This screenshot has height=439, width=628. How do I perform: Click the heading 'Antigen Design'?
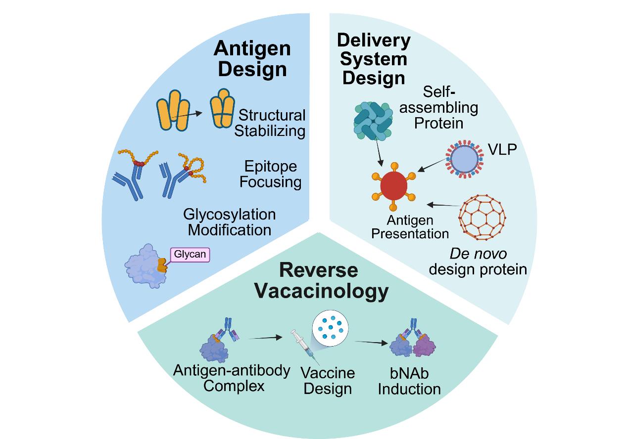pos(252,58)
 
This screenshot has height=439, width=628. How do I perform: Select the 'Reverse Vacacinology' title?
pos(321,280)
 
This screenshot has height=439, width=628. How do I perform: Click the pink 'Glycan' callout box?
pos(190,254)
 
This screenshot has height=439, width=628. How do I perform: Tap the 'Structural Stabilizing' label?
pos(270,123)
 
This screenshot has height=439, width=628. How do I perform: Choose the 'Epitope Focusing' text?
pos(271,174)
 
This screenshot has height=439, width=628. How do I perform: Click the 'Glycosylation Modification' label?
pos(229,222)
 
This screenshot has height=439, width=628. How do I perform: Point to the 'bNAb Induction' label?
pos(409,381)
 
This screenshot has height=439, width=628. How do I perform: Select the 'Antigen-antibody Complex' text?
pos(232,378)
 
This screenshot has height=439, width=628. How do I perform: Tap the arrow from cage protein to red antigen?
pos(443,205)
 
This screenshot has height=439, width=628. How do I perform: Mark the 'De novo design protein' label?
pos(477,262)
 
